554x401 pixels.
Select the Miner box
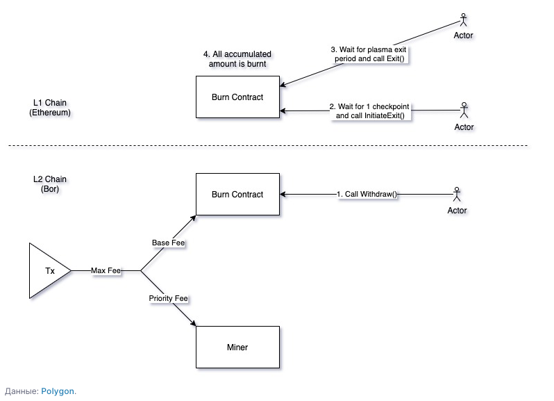coord(237,347)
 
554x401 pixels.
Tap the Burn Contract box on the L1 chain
coord(237,97)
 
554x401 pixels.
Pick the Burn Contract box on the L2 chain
coord(237,195)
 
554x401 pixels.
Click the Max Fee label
coord(106,270)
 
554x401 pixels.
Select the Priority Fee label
coord(169,298)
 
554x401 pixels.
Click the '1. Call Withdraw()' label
coord(367,195)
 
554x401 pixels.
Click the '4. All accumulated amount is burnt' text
coord(237,58)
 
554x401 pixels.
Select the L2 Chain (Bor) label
coord(50,184)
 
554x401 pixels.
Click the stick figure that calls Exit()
coord(463,19)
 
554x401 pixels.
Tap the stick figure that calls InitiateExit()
coord(464,110)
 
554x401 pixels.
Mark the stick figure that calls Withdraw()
coord(457,193)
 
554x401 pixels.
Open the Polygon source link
coord(58,391)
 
